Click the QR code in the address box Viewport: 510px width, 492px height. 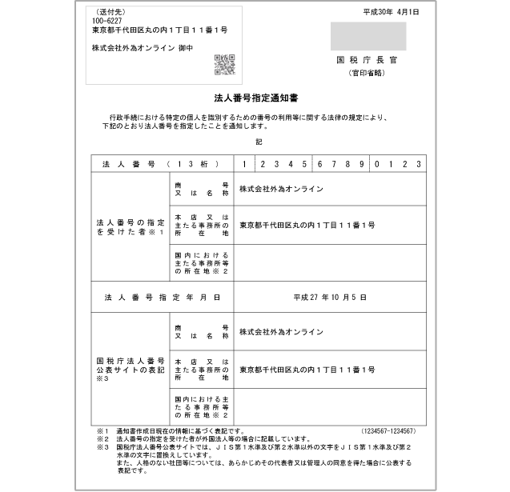pyautogui.click(x=224, y=65)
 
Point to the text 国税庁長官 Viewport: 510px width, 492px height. pyautogui.click(x=367, y=61)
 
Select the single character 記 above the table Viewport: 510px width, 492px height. pyautogui.click(x=259, y=141)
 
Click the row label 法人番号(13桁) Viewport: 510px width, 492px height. pyautogui.click(x=156, y=163)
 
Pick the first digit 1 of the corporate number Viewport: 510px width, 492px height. pyautogui.click(x=244, y=163)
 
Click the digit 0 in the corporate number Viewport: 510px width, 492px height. pyautogui.click(x=377, y=163)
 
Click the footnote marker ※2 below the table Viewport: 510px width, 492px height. pyautogui.click(x=102, y=439)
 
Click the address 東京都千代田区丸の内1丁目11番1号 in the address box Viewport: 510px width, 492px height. pyautogui.click(x=160, y=30)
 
